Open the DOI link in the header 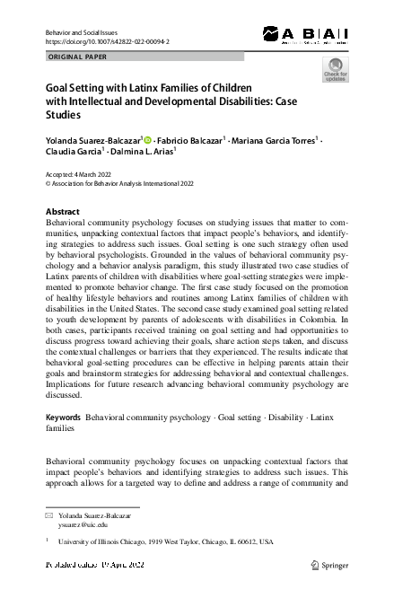(x=107, y=42)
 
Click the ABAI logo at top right (x=305, y=34)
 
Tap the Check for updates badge (x=334, y=70)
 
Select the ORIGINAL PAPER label (x=77, y=57)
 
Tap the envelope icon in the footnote (x=49, y=518)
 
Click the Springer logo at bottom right (x=329, y=566)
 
